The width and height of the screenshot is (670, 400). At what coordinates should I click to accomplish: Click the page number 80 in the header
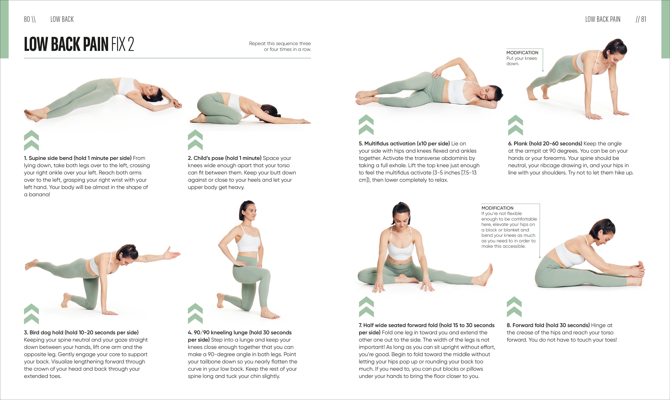point(27,19)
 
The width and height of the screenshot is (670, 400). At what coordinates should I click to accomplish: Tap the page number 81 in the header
point(644,19)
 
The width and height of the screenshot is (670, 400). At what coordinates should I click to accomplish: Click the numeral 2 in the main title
point(131,44)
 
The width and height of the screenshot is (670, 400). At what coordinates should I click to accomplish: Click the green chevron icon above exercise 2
point(195,140)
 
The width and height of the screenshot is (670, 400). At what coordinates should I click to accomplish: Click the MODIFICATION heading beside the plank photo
point(522,52)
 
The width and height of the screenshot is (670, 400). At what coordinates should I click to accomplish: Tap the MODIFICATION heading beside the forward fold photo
point(497,208)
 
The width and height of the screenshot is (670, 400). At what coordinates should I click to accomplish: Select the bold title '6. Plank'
point(520,143)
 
